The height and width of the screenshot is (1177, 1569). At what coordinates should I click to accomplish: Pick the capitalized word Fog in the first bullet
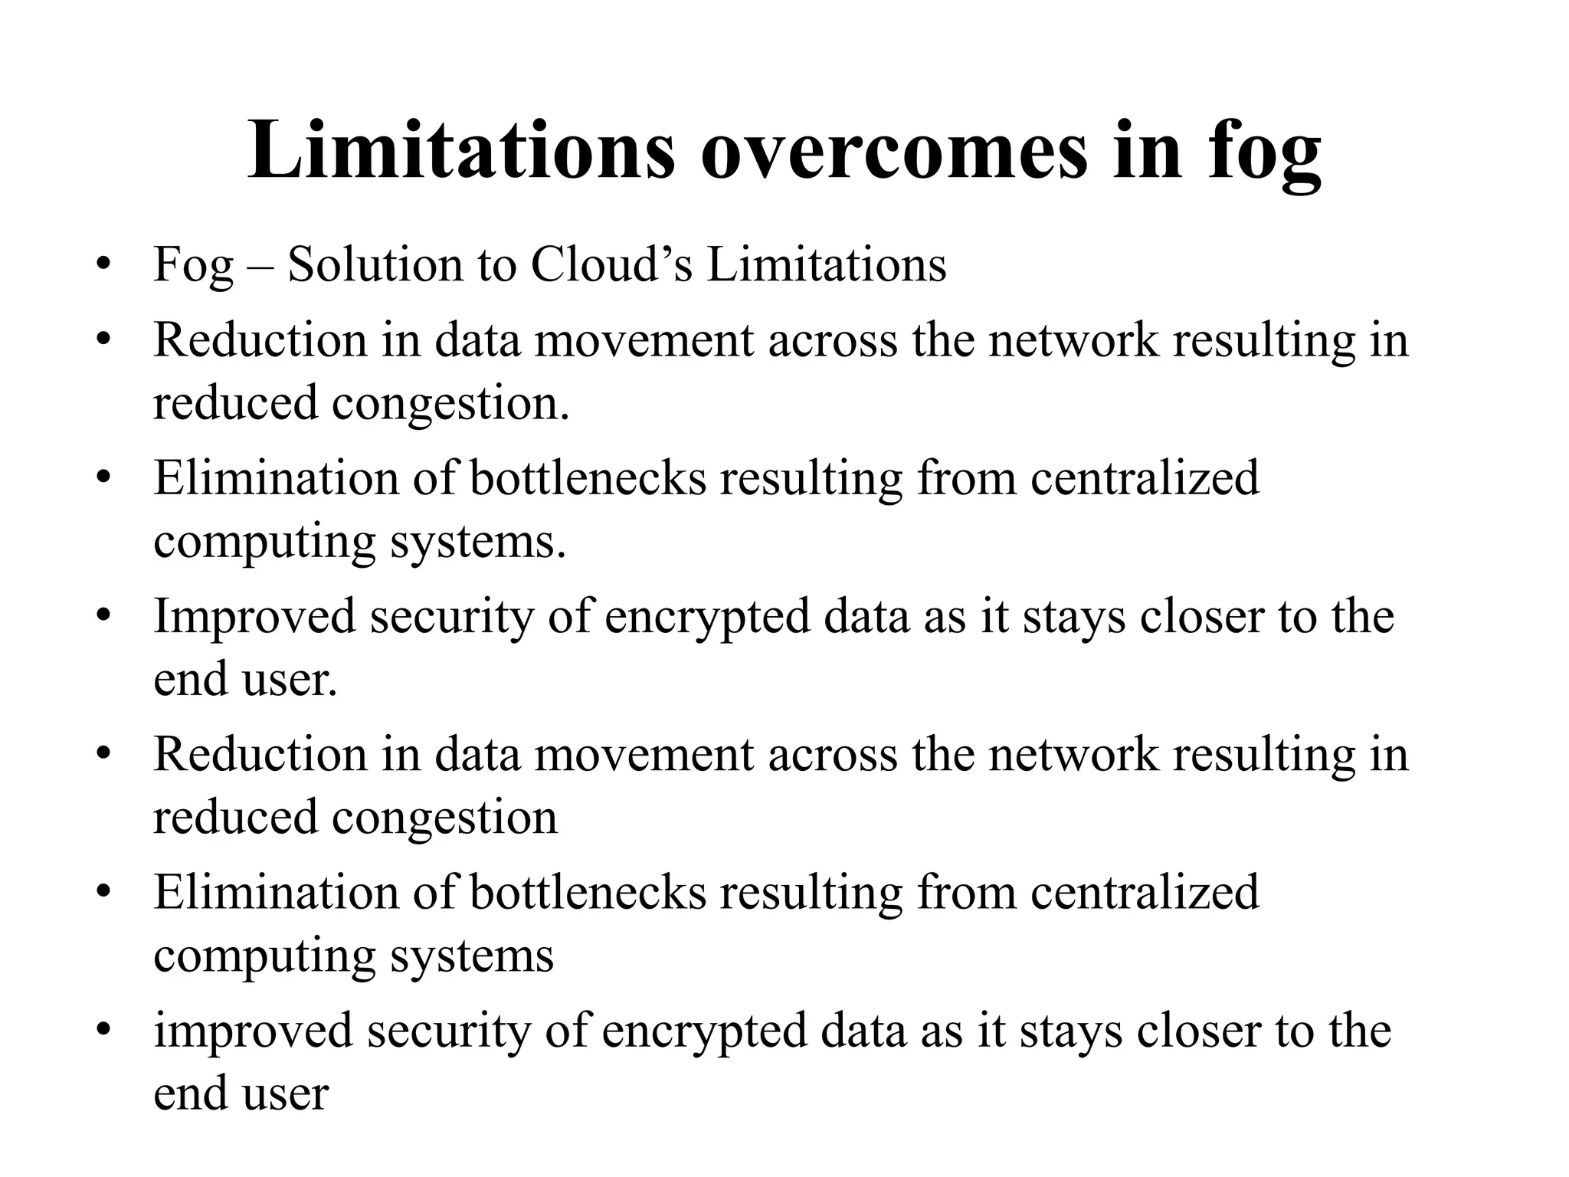(x=193, y=266)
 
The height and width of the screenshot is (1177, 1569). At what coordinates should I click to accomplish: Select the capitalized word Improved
(x=254, y=618)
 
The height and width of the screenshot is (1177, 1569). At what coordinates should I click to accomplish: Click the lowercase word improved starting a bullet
(x=253, y=1031)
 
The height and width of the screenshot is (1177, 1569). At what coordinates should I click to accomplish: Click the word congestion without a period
(x=444, y=818)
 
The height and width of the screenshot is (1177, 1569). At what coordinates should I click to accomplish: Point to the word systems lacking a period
(x=472, y=956)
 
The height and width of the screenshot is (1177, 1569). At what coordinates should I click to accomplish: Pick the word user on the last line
(x=285, y=1093)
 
